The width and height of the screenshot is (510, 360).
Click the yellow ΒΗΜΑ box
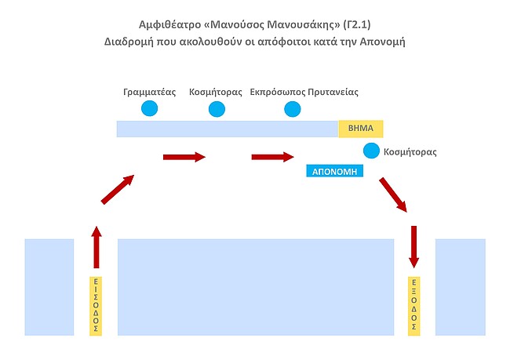(360, 129)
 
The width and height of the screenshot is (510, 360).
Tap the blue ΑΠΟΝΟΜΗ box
(335, 170)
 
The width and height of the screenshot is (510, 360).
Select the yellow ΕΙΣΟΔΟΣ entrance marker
(96, 306)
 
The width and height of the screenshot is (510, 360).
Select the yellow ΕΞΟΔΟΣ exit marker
(414, 306)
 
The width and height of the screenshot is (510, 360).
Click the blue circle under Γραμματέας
(149, 109)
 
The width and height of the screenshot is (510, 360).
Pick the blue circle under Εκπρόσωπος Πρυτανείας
(292, 109)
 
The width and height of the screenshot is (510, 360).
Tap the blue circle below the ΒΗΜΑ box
(371, 151)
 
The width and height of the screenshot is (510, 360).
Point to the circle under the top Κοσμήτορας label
(217, 109)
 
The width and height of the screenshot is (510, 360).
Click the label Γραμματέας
(148, 92)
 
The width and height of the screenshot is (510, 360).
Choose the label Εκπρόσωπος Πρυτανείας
(304, 92)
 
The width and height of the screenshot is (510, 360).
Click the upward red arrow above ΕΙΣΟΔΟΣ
(97, 247)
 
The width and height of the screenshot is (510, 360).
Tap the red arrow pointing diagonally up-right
(118, 189)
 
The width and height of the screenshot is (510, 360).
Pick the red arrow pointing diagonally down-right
(393, 195)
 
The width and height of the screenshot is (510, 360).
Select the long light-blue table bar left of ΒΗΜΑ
(227, 129)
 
